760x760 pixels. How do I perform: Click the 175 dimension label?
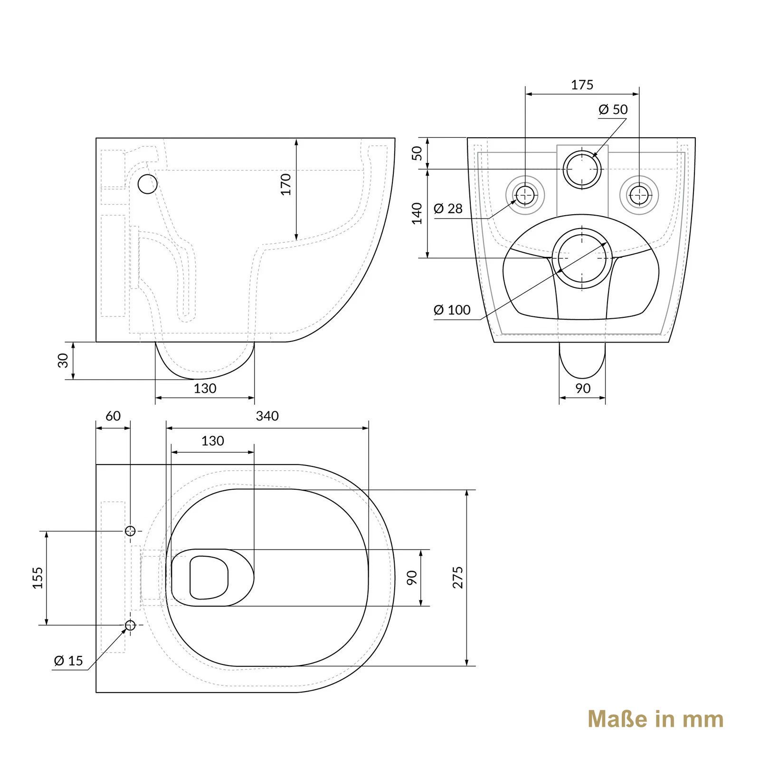[x=582, y=85]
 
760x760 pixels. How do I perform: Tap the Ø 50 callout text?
[x=613, y=110]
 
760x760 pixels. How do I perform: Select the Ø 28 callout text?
[x=448, y=209]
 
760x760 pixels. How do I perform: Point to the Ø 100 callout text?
[x=452, y=310]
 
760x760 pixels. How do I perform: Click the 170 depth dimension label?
[x=285, y=184]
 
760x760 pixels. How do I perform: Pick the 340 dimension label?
[x=267, y=416]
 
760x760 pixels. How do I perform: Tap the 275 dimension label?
[x=457, y=578]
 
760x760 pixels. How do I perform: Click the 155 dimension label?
[x=38, y=578]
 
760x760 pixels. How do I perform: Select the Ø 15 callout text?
[x=68, y=661]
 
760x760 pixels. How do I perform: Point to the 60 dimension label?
[x=113, y=416]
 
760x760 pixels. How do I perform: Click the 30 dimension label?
[x=63, y=361]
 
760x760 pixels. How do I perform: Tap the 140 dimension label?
[x=417, y=213]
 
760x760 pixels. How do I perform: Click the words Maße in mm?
[x=655, y=719]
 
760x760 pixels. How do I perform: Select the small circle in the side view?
[x=147, y=184]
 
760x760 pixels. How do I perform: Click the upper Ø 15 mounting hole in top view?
[x=130, y=531]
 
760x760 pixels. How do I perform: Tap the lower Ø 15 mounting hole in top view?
[x=130, y=625]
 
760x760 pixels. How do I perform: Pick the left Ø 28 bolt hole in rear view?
[x=525, y=194]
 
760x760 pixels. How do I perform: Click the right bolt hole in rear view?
[x=639, y=194]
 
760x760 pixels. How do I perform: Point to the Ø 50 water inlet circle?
[x=582, y=169]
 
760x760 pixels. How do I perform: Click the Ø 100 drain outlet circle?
[x=582, y=258]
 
